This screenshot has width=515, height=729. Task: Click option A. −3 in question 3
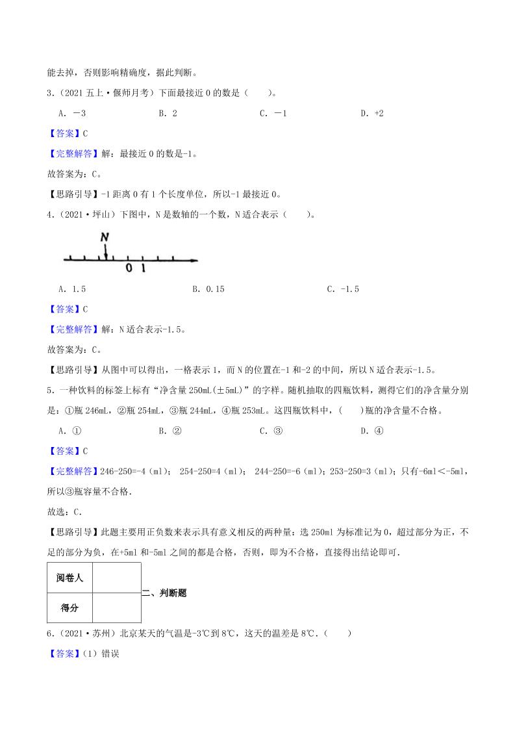(x=72, y=113)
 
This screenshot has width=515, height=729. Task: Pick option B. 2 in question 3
(x=168, y=113)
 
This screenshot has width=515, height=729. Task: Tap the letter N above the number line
(x=105, y=238)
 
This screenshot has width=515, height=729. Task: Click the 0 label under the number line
(x=129, y=268)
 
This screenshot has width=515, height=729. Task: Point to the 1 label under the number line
(x=143, y=268)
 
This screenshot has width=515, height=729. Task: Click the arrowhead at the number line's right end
(x=194, y=261)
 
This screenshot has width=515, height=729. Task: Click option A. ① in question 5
(x=69, y=430)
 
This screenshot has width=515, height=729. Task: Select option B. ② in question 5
(x=169, y=430)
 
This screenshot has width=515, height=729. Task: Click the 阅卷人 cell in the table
(x=69, y=578)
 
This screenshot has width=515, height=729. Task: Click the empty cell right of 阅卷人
(x=116, y=578)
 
